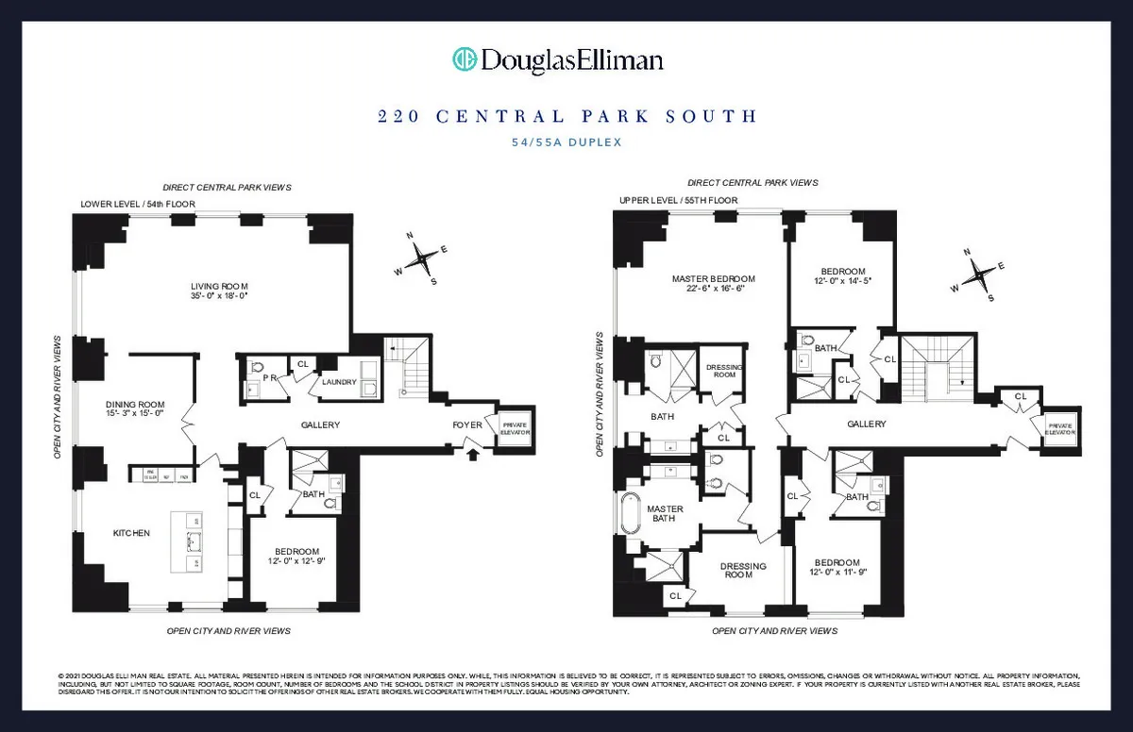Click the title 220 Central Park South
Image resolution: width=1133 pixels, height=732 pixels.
(x=566, y=117)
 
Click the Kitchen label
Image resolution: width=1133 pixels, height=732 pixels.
(x=131, y=534)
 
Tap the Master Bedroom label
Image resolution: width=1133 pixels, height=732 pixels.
(x=713, y=279)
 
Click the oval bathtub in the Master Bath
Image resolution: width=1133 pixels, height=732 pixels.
(x=630, y=517)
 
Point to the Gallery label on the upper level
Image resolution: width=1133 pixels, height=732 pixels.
(x=866, y=424)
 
